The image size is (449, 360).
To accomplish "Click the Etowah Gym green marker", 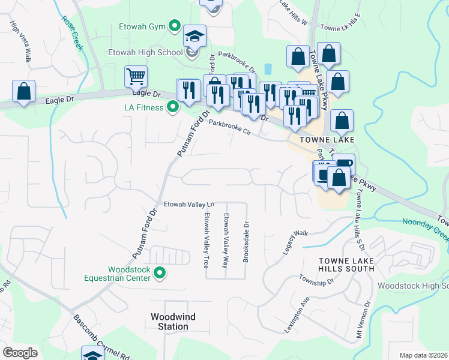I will tap(175, 26).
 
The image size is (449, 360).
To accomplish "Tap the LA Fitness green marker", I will tap(173, 107).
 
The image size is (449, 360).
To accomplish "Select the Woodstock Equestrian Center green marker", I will tap(160, 274).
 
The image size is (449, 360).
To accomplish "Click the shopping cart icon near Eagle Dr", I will tap(136, 77).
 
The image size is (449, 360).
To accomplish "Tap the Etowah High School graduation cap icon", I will tap(195, 37).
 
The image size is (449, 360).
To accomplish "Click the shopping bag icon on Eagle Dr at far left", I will tap(23, 92).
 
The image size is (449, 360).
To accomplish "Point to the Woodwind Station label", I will tap(169, 322).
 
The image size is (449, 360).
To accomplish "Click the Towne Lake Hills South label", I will tap(346, 264).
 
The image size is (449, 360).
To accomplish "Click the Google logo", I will tap(20, 353).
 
